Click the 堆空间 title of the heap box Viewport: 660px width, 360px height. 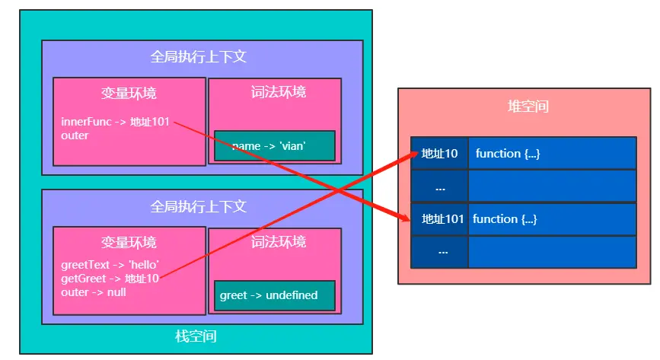tap(528, 106)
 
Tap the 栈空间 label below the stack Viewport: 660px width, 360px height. tap(196, 336)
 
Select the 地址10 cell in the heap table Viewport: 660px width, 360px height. tap(439, 153)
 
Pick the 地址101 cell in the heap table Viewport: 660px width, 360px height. tap(439, 219)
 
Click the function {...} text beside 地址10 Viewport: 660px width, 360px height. tap(508, 154)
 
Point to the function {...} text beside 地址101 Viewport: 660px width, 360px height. tap(505, 219)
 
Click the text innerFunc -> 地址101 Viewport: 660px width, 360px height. tap(115, 122)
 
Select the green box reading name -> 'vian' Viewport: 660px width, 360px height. tap(275, 145)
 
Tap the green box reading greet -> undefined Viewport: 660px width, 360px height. tap(275, 295)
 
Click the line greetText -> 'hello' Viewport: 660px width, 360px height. tap(110, 264)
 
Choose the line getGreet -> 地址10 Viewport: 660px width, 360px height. tap(110, 279)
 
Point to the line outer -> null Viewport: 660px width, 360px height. tap(94, 292)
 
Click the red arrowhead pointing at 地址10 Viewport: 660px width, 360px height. tap(413, 155)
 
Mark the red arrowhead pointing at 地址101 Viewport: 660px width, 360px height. tap(405, 216)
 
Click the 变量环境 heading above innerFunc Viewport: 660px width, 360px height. tap(129, 93)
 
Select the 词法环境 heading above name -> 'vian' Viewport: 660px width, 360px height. tap(278, 92)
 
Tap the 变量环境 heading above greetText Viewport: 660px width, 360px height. tap(129, 242)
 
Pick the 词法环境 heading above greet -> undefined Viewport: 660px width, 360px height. tap(278, 242)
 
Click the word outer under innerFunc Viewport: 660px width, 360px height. tap(75, 135)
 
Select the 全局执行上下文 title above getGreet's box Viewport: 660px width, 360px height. tap(198, 206)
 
